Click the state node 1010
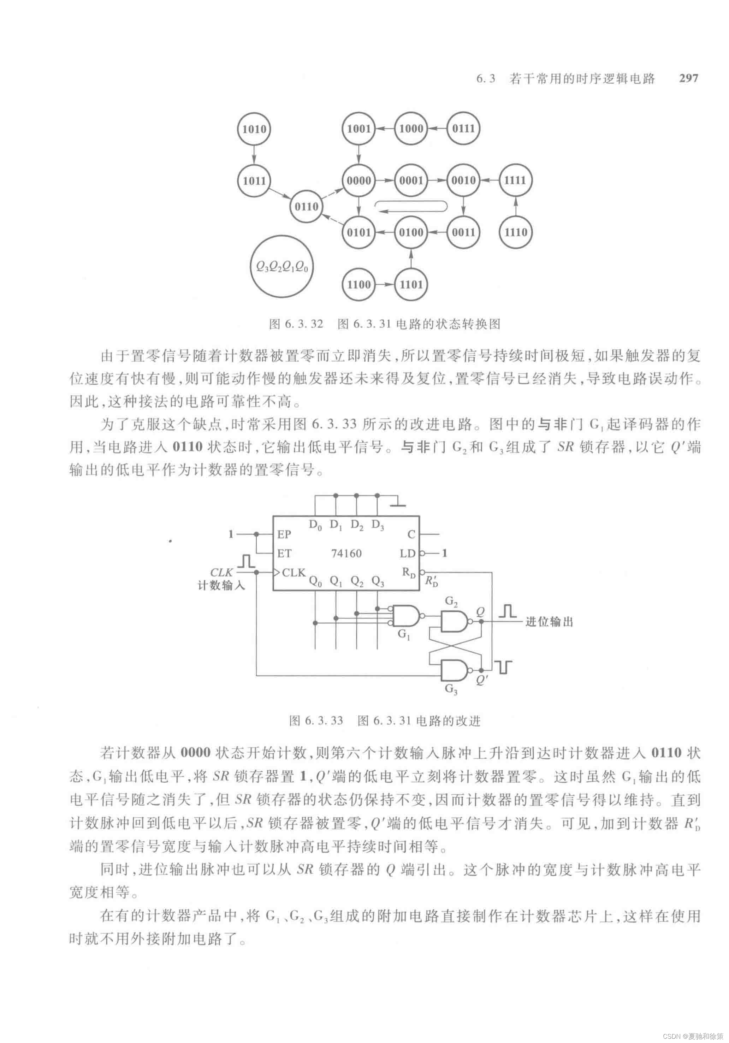tap(254, 129)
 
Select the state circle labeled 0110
tap(307, 207)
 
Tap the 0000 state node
tap(359, 180)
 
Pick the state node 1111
tap(515, 180)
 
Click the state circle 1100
tap(359, 285)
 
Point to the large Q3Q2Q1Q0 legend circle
tap(281, 266)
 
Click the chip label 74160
tap(346, 553)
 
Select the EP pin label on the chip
tap(284, 535)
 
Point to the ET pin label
tap(284, 553)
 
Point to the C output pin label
tap(411, 535)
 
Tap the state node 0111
tap(463, 129)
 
